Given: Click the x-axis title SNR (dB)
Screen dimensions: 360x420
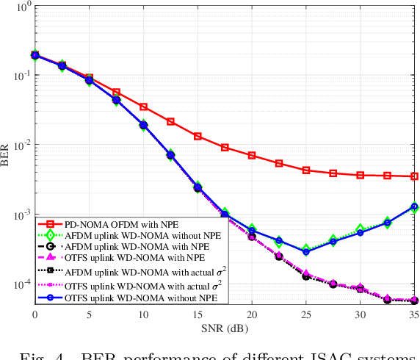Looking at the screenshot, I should (225, 325).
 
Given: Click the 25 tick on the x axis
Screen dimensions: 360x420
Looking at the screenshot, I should (306, 314).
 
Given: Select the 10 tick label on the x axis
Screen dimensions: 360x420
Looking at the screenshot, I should (143, 314).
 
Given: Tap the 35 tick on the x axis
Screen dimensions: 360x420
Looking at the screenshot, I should (414, 314).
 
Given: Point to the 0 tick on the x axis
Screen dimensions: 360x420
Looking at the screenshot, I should (35, 314).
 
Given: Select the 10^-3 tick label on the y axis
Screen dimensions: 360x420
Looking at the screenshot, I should (20, 216).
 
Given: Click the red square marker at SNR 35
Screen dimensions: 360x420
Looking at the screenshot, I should (414, 176).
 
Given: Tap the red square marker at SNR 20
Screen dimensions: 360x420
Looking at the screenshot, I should (252, 156).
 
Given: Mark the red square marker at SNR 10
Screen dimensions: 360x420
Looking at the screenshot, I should (143, 107).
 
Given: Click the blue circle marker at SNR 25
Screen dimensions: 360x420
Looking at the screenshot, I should (306, 252).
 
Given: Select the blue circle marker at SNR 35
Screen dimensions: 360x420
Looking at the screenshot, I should (414, 206).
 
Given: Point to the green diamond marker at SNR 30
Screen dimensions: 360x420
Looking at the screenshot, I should (360, 229).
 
